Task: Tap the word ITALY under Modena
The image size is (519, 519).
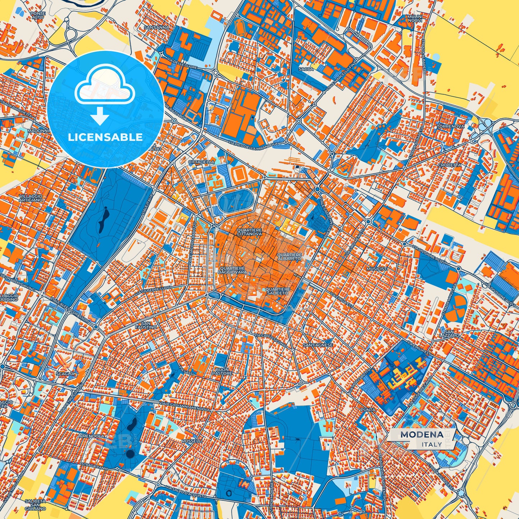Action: tap(432, 444)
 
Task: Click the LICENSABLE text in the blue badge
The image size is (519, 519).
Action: tap(105, 137)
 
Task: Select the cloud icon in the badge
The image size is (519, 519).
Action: tap(105, 86)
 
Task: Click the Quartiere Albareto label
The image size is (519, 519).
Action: tap(289, 256)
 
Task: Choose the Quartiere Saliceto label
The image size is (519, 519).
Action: tap(277, 291)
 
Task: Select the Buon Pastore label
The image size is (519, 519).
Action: tap(222, 371)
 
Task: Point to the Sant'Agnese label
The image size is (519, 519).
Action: tap(318, 345)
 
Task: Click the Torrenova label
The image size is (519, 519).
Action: tap(450, 126)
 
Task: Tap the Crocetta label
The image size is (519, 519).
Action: tap(449, 165)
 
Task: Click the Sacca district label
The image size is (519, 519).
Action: tap(306, 69)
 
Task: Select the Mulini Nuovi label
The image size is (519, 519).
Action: tap(415, 18)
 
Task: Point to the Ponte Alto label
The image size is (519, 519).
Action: tap(38, 15)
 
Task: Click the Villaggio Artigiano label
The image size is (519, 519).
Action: tap(32, 198)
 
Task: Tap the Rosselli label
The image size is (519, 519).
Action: tap(192, 441)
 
